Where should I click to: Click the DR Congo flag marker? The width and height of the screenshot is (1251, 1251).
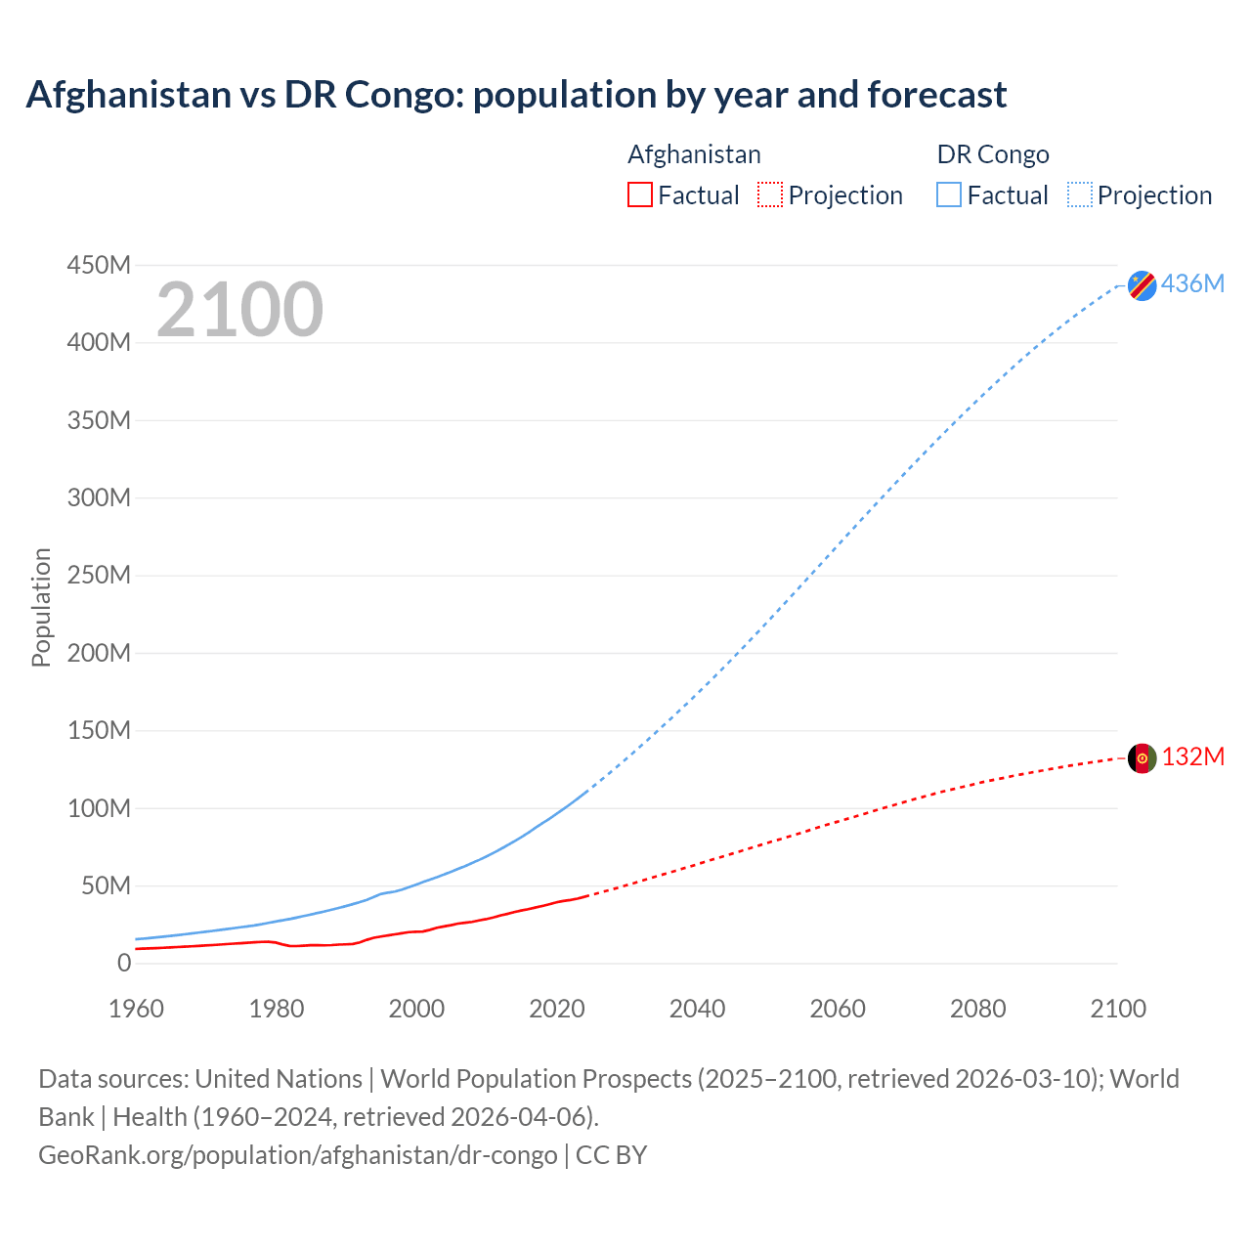click(1142, 285)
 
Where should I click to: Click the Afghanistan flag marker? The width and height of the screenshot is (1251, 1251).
click(1142, 758)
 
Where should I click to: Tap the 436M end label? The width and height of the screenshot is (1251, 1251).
click(1192, 283)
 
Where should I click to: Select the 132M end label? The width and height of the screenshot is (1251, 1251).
click(1192, 756)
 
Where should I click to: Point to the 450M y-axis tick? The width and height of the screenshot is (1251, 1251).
click(99, 265)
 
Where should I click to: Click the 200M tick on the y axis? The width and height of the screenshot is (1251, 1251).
click(99, 653)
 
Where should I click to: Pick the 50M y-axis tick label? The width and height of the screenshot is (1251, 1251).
click(106, 885)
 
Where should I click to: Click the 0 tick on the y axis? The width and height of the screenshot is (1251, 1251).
click(123, 963)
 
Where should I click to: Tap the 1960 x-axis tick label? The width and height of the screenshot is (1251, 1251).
click(137, 1009)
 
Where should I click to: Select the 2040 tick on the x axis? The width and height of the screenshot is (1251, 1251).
click(697, 1009)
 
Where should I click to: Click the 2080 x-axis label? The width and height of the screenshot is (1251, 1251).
click(977, 1009)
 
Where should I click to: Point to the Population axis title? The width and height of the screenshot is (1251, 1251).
click(41, 607)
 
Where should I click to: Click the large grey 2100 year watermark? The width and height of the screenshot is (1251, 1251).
click(239, 310)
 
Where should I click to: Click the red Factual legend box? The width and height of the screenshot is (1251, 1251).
click(639, 194)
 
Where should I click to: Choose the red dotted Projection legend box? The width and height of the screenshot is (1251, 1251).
click(770, 194)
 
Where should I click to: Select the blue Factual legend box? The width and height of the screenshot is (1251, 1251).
click(948, 194)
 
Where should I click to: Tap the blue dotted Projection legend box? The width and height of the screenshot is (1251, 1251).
click(1079, 194)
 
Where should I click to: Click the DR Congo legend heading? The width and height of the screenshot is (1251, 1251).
click(992, 154)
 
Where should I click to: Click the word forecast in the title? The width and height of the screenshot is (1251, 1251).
click(936, 95)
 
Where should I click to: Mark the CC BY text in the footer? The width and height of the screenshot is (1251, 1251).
click(611, 1154)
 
